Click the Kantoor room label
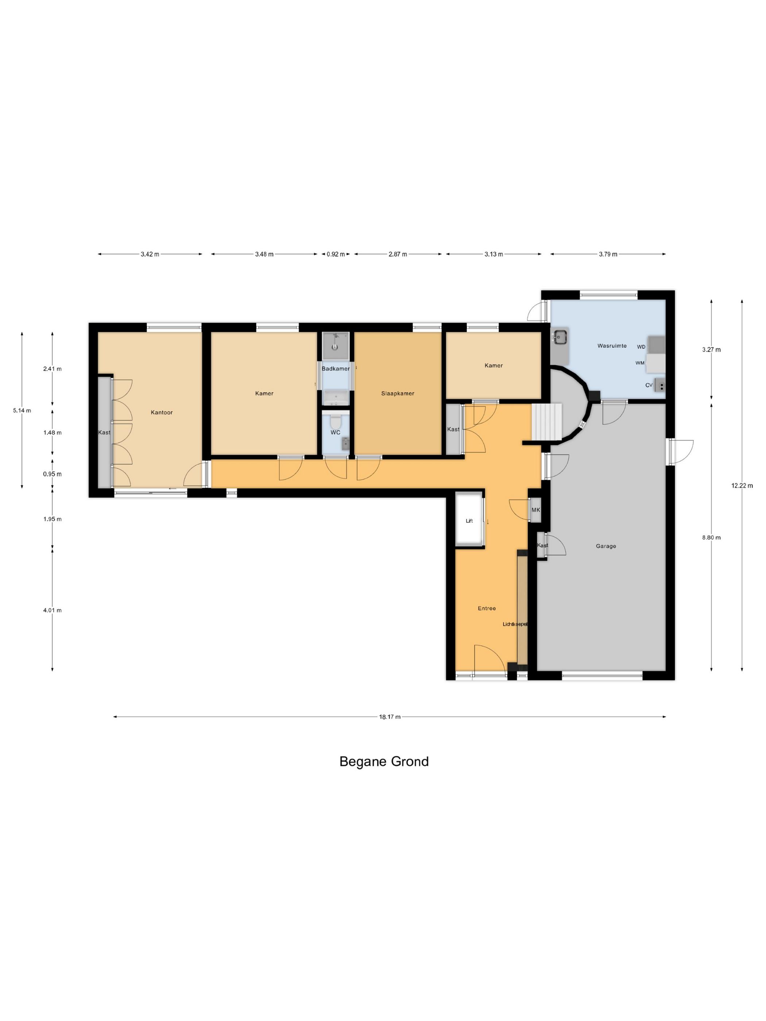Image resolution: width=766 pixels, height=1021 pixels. (162, 412)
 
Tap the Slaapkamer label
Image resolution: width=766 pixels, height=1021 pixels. (398, 393)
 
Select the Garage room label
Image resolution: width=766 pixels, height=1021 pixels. (606, 546)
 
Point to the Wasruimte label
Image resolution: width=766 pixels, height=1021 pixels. (612, 346)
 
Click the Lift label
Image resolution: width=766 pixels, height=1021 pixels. (469, 521)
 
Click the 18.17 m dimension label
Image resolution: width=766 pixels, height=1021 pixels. (390, 717)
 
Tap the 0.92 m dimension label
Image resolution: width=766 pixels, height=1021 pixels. (336, 254)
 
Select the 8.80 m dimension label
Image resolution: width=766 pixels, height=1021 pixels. (711, 537)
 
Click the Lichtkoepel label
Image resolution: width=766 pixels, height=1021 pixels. (515, 624)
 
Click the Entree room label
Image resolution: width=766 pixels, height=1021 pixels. (487, 608)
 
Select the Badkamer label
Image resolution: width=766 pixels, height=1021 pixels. (336, 369)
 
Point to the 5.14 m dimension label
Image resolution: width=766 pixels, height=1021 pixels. (22, 410)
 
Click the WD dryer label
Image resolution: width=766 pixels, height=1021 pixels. (641, 347)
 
